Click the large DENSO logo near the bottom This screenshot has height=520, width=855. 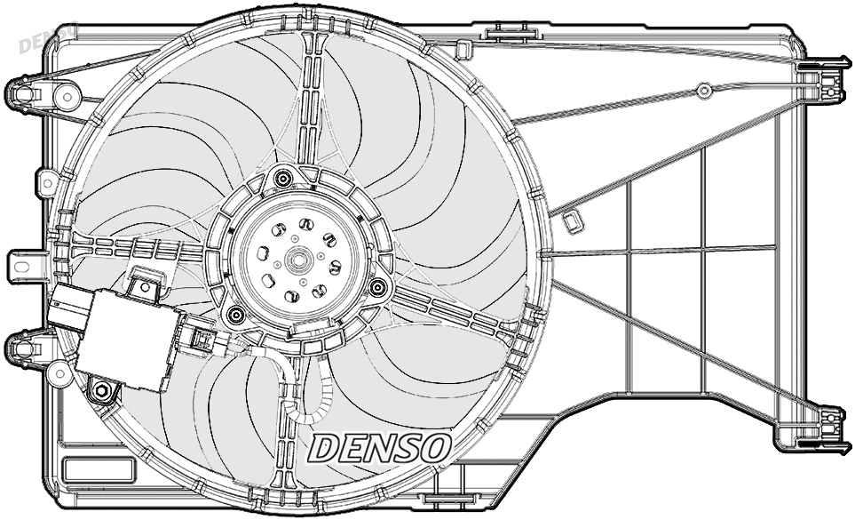pyautogui.click(x=380, y=447)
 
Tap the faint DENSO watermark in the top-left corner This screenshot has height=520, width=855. pyautogui.click(x=46, y=37)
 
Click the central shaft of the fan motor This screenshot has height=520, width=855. pyautogui.click(x=296, y=261)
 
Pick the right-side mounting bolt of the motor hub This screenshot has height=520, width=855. pyautogui.click(x=378, y=287)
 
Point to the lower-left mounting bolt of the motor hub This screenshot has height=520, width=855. pyautogui.click(x=235, y=314)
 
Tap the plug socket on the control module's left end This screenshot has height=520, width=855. pyautogui.click(x=66, y=311)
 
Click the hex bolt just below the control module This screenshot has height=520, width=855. pyautogui.click(x=101, y=390)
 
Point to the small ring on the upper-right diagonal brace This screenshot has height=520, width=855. pyautogui.click(x=703, y=90)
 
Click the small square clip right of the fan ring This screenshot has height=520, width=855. pyautogui.click(x=574, y=220)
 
